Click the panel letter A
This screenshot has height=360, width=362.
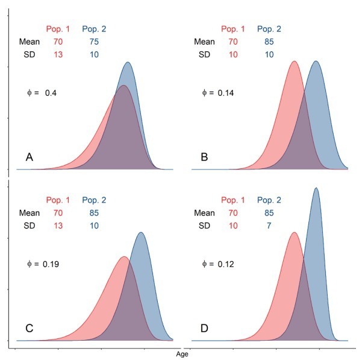(x=30, y=157)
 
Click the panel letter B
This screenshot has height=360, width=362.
(x=205, y=157)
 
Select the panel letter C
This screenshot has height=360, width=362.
(x=30, y=330)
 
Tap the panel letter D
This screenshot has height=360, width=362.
(x=205, y=330)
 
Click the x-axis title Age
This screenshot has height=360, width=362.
(x=181, y=354)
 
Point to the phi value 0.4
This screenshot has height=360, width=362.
(x=51, y=93)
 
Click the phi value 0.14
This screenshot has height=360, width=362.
(x=226, y=93)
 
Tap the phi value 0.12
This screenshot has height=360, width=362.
(x=226, y=264)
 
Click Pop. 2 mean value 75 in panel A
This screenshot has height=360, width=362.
(x=95, y=42)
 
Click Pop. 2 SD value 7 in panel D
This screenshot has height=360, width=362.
(x=269, y=226)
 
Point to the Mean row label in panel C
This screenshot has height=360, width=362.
(x=29, y=213)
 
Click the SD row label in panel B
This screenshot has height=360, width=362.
(x=205, y=55)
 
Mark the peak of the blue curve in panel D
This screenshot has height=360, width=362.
(x=316, y=188)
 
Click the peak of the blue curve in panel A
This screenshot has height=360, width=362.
(x=128, y=62)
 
